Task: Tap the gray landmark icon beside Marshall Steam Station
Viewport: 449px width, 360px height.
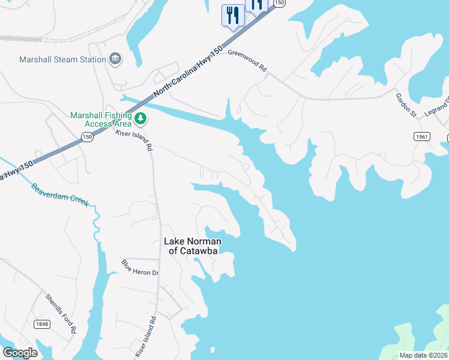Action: click(x=114, y=59)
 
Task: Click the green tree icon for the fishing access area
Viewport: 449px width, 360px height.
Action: click(x=140, y=118)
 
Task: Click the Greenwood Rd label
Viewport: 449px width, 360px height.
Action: click(x=247, y=61)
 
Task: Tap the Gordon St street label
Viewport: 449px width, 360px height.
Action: click(x=405, y=103)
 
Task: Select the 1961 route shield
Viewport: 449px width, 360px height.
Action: click(x=422, y=137)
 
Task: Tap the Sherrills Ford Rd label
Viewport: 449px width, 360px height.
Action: click(x=61, y=313)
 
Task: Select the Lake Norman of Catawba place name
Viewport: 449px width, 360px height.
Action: click(x=193, y=246)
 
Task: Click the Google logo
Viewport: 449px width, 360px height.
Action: click(x=20, y=352)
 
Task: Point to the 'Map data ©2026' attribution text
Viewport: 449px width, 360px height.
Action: click(x=423, y=355)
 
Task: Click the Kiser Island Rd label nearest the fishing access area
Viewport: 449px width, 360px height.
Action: click(x=134, y=139)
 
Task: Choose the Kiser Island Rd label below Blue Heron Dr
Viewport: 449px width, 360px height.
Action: click(x=146, y=337)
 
